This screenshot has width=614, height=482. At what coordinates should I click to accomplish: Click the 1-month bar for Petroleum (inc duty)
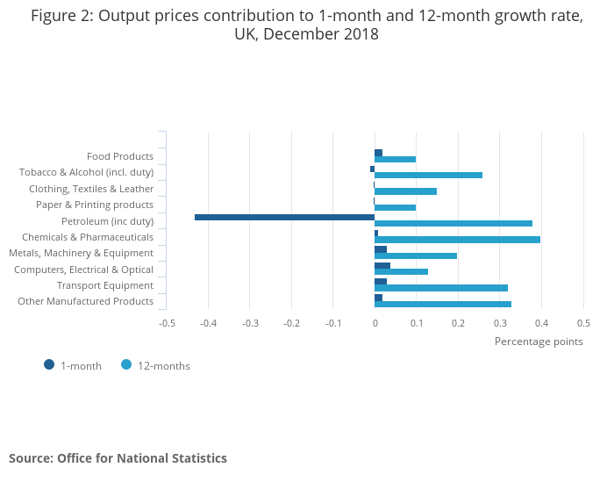284,217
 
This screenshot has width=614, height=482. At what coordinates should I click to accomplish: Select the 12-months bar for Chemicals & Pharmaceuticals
457,240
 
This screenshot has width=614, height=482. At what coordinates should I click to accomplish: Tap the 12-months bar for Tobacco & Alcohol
428,175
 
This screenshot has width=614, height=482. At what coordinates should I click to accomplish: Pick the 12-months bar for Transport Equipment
441,288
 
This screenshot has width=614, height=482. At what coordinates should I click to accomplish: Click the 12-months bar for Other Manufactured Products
443,304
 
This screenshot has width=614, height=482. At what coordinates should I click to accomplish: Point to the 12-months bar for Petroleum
453,223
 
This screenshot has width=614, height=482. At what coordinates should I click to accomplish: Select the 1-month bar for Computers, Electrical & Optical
382,265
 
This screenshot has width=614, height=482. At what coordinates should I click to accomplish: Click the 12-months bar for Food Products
395,159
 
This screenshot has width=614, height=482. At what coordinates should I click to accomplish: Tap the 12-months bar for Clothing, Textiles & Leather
405,191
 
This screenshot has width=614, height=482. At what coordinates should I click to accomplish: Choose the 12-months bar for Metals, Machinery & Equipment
416,255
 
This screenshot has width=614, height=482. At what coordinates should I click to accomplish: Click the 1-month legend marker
49,365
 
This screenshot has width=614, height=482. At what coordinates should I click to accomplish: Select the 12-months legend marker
126,365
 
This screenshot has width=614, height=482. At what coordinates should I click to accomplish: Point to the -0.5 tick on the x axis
167,322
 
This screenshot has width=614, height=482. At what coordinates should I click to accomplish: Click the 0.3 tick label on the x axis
499,322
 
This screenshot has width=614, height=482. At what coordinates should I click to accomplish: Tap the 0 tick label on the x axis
375,322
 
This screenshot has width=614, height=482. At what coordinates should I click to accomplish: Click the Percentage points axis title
539,342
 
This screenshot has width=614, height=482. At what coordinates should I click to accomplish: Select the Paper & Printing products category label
95,205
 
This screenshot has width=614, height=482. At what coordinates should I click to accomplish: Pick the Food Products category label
120,156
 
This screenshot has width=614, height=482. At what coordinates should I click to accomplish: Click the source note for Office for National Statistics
118,458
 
